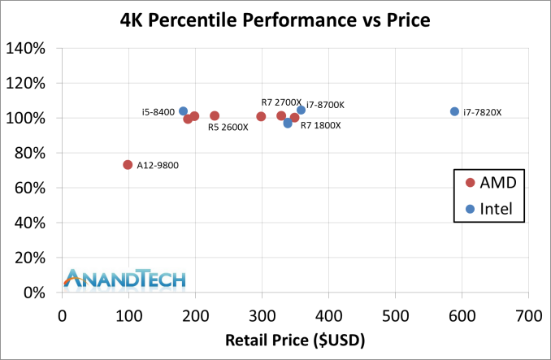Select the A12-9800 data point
128,165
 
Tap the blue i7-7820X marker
454,111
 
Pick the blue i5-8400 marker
183,111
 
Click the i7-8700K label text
325,105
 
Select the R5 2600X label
228,128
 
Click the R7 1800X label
320,126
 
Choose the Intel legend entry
488,209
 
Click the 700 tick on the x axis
528,311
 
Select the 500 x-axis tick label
395,311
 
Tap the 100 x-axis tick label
128,311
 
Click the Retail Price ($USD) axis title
295,338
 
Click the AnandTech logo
125,279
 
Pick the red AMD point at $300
261,117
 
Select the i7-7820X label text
482,113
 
